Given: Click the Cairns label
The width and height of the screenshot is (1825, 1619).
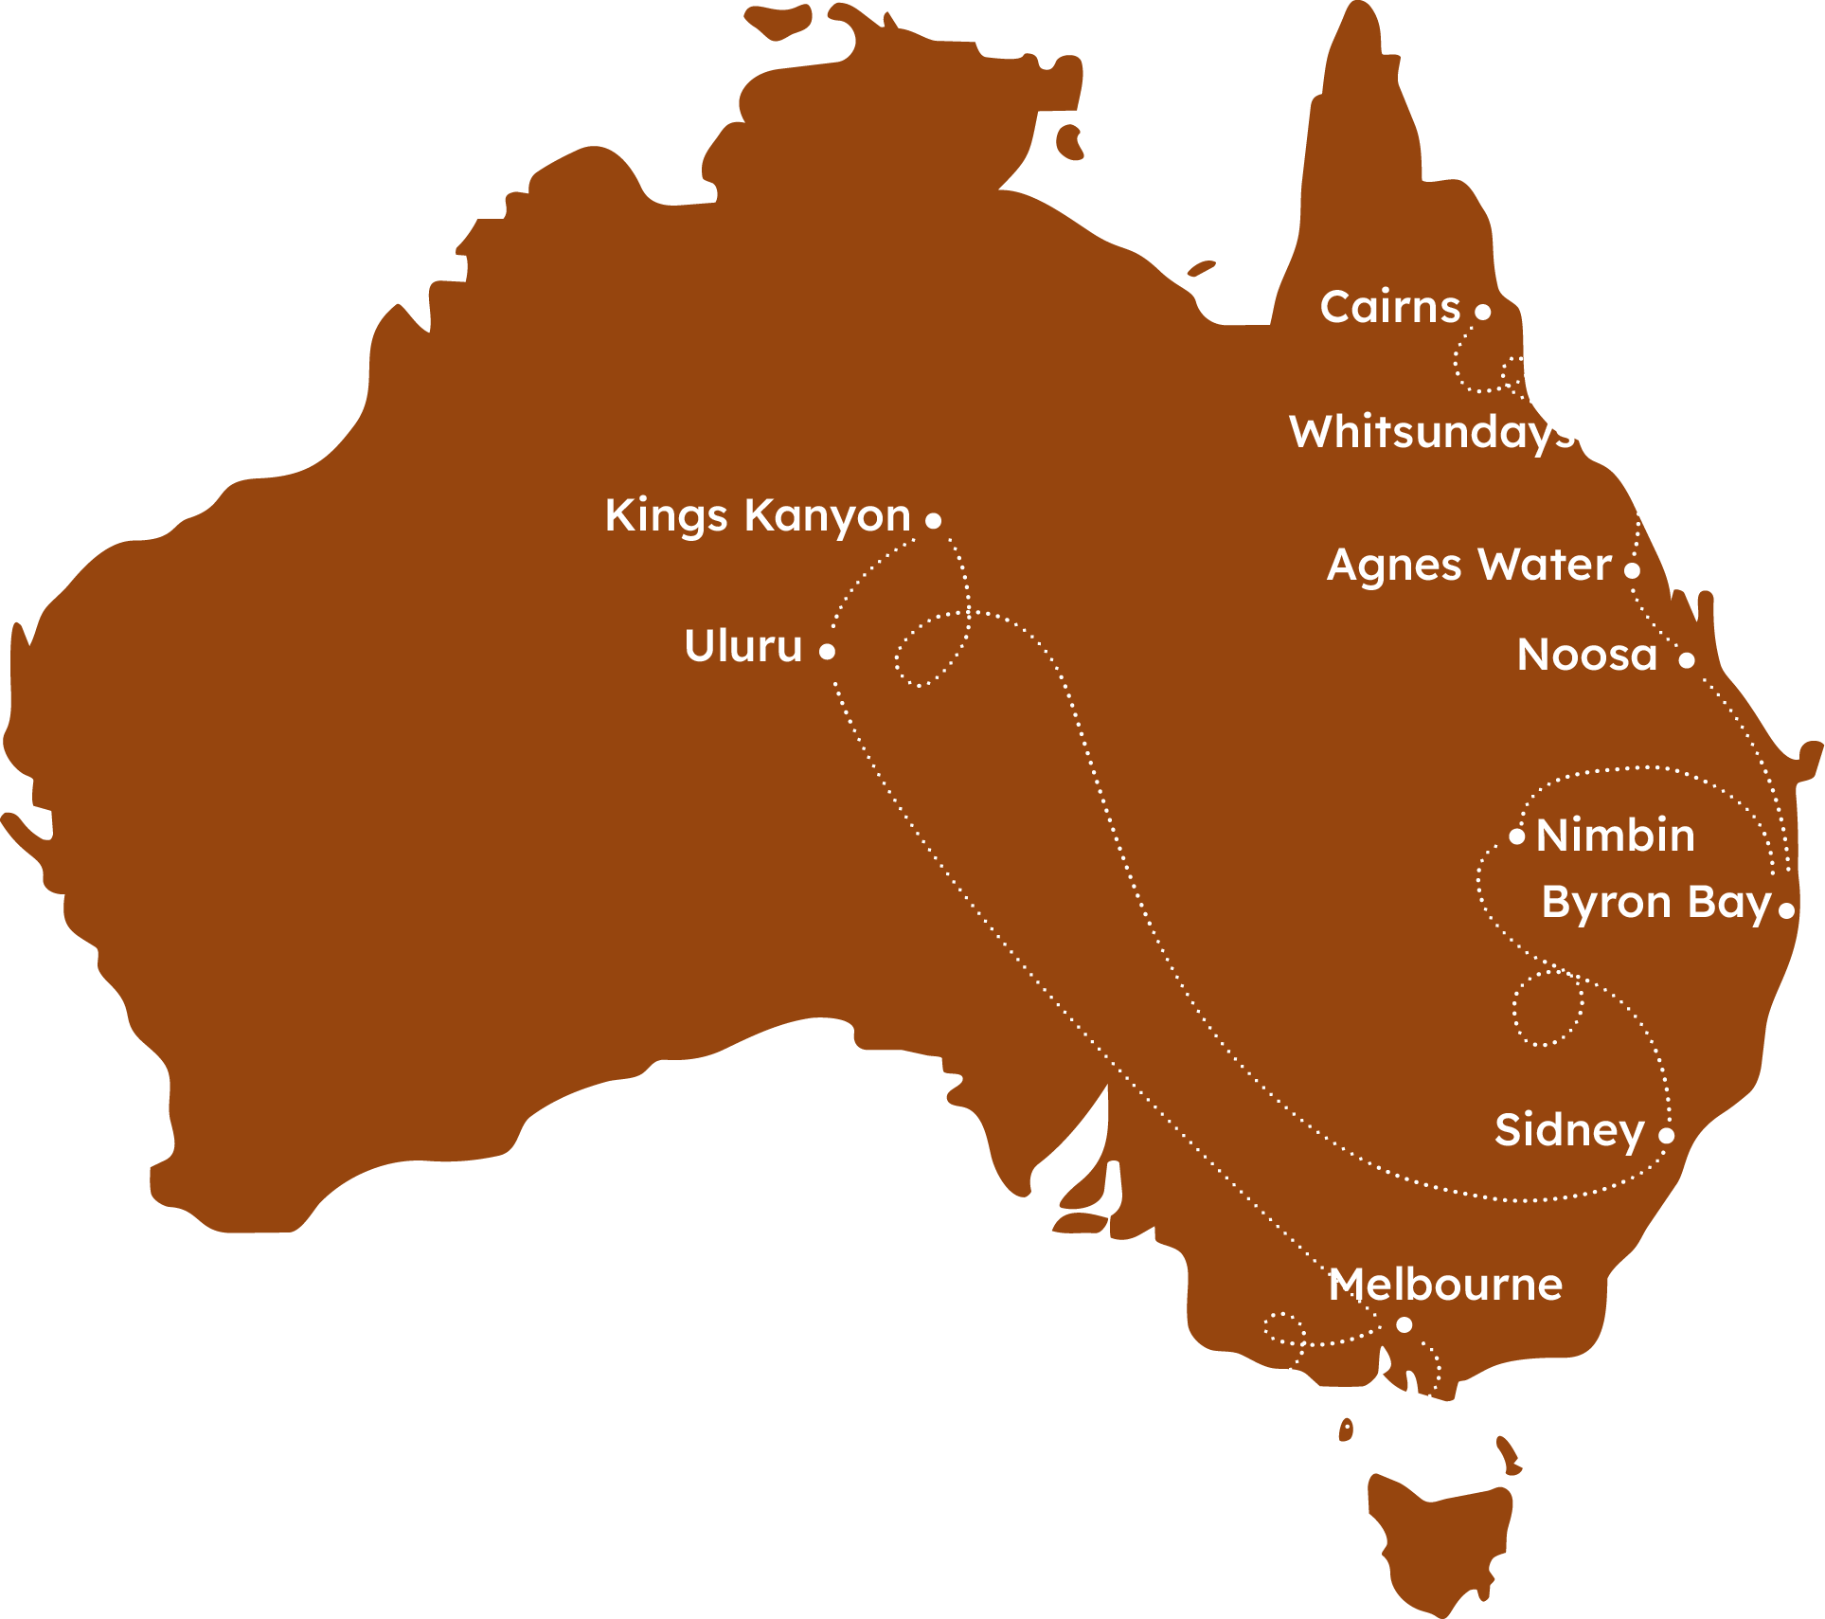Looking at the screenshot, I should pos(1389,307).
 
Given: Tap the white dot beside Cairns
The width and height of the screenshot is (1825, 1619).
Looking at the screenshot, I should pos(1483,312).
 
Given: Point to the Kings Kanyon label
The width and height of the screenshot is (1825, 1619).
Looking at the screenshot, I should pos(758,516).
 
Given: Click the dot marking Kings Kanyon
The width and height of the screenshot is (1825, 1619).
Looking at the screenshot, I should pos(933,520).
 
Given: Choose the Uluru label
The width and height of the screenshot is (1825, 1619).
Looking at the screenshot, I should pos(743,646).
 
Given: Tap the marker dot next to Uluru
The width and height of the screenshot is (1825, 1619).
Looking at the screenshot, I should pos(827,652).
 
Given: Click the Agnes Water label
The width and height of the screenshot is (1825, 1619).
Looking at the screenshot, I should pos(1469,566).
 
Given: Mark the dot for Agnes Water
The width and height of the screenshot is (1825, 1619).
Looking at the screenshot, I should pos(1632,570).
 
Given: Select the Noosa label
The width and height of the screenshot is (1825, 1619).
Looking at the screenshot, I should pos(1587,655).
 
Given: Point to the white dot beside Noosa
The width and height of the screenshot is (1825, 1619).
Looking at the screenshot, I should pos(1687,660).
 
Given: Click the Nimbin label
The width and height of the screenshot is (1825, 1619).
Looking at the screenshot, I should pos(1616,836).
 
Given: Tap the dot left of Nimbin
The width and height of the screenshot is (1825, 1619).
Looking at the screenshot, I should pos(1517,836).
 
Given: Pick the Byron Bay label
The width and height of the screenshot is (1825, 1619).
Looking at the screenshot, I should pos(1656,903).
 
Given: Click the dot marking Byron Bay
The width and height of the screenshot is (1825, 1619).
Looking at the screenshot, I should pos(1786,910).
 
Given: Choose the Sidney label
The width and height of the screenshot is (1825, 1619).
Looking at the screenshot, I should pos(1569,1131).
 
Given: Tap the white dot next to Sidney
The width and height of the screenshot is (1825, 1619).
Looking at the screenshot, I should pos(1667,1135).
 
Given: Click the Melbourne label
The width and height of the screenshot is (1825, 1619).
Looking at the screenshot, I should pos(1445,1286).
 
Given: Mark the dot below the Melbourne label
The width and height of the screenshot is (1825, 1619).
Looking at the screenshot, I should pos(1405,1324).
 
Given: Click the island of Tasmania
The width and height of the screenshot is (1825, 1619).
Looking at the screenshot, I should pos(1440,1544).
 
